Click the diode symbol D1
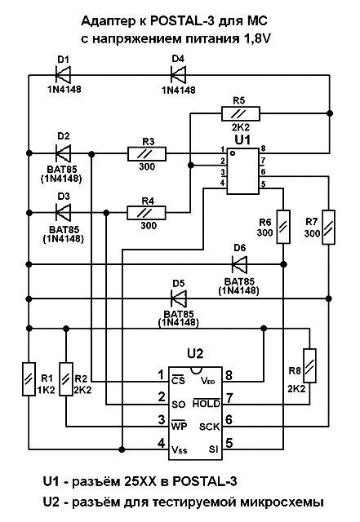click(63, 74)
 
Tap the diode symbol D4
click(178, 74)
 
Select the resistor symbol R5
click(241, 113)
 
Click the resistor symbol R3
click(147, 154)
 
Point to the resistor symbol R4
click(146, 213)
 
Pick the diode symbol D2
click(63, 153)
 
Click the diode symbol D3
click(63, 212)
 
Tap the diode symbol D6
click(239, 264)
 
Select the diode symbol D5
click(178, 299)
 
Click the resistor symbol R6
click(283, 227)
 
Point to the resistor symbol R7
click(328, 227)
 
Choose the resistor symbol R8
click(309, 365)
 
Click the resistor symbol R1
click(29, 379)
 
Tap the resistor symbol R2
click(66, 379)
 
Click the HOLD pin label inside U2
click(207, 403)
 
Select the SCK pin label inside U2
click(209, 427)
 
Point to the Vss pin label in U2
click(179, 449)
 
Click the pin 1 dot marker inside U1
click(233, 153)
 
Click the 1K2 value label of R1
click(46, 390)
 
